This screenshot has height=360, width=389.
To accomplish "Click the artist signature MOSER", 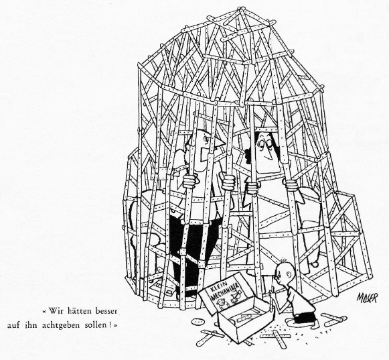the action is click(367, 298).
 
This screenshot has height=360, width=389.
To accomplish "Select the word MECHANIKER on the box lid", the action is click(224, 291).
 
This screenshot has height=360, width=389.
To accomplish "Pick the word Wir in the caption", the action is click(54, 311).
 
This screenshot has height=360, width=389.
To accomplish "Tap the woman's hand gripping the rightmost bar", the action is click(291, 184).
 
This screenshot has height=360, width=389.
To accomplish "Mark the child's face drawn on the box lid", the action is click(220, 302).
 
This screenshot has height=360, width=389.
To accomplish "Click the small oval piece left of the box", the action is click(198, 322).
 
